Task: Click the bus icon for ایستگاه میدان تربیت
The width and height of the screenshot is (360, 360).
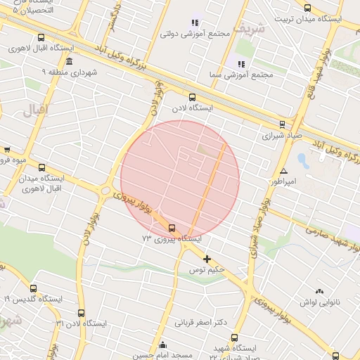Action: (307, 8)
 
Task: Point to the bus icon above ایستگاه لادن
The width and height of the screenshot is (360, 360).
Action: (192, 98)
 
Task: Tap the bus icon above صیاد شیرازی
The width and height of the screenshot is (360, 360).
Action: (283, 124)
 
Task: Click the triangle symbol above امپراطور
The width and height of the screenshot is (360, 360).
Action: (283, 171)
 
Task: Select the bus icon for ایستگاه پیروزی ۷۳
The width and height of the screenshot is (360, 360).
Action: (172, 227)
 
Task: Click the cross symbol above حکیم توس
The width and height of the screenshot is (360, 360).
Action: (206, 259)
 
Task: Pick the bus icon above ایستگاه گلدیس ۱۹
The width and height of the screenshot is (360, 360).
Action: (32, 288)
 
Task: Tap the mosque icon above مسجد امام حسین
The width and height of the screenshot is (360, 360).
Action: (163, 345)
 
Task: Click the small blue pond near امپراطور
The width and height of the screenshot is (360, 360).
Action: (303, 160)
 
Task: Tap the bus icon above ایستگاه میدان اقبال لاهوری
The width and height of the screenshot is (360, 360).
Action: (41, 167)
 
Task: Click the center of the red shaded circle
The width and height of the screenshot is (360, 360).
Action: (180, 180)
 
